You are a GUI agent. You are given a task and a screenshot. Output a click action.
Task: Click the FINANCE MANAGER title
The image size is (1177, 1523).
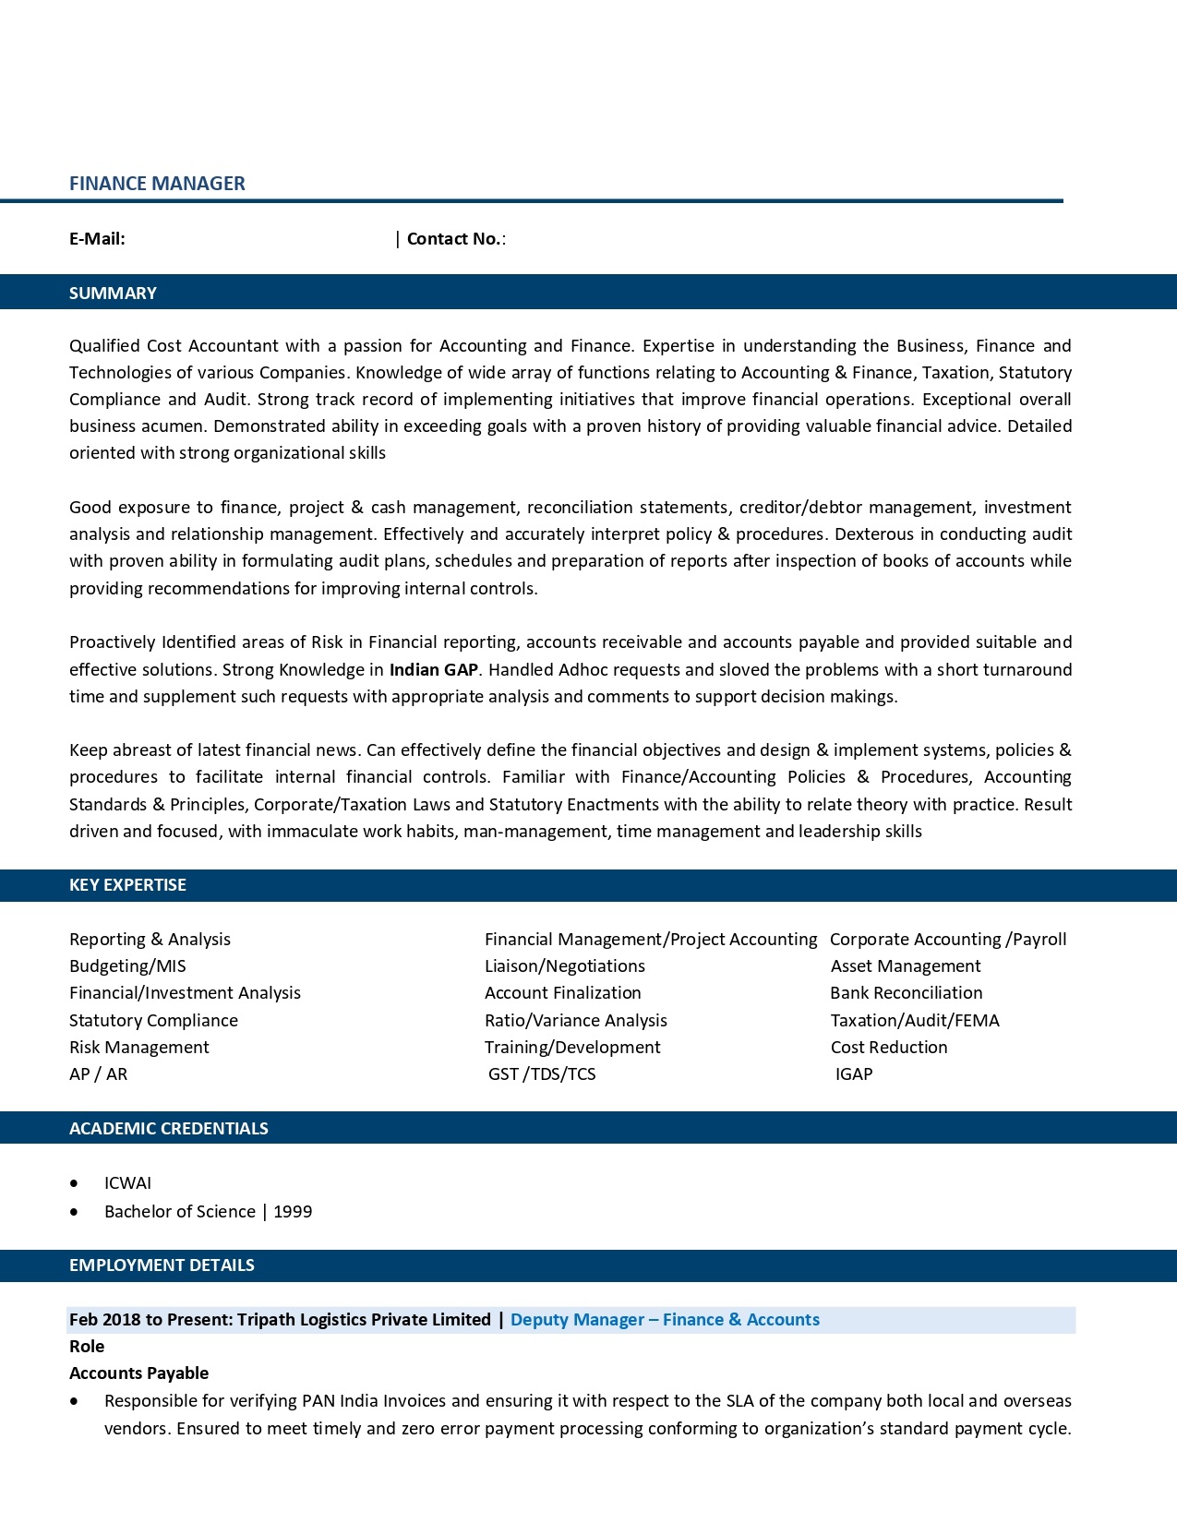tap(157, 184)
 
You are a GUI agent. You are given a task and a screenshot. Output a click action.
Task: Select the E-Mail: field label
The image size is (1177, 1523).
tap(97, 239)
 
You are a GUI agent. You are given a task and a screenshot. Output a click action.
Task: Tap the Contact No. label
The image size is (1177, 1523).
tap(454, 239)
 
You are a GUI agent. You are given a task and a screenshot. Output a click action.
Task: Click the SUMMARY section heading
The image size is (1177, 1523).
tap(113, 294)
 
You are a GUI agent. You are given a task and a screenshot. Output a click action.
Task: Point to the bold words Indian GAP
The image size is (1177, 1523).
tap(434, 670)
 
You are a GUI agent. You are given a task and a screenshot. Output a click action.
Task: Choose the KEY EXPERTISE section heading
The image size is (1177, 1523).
tap(127, 885)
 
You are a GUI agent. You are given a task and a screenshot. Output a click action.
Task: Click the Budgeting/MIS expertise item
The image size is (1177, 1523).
tap(127, 966)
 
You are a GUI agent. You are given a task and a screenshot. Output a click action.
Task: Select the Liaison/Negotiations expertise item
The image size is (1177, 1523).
tap(565, 966)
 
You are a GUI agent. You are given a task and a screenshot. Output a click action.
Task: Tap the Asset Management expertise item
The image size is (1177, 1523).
tap(906, 966)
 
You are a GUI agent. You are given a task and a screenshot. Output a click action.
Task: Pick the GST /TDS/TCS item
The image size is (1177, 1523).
tap(542, 1074)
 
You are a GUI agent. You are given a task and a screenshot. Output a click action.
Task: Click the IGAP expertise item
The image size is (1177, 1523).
tap(854, 1074)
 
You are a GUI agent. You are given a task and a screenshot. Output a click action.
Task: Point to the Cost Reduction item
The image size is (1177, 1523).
tap(889, 1048)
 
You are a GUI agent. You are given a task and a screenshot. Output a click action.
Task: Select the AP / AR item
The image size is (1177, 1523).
tap(98, 1074)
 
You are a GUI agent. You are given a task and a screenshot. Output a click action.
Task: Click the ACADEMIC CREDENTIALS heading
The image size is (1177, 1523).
tap(168, 1129)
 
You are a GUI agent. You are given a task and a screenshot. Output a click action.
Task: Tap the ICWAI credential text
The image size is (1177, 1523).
tap(127, 1183)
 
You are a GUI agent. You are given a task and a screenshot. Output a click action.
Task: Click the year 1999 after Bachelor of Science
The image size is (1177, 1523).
tap(293, 1212)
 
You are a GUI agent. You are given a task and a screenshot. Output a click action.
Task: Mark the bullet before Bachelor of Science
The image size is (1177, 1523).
tap(74, 1212)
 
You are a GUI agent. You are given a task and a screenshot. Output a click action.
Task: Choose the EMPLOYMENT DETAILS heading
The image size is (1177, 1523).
tap(162, 1265)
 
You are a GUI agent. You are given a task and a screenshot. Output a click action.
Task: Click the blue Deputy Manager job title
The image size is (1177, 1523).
tap(665, 1320)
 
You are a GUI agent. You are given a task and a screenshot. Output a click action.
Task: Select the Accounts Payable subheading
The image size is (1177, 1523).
tap(138, 1373)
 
